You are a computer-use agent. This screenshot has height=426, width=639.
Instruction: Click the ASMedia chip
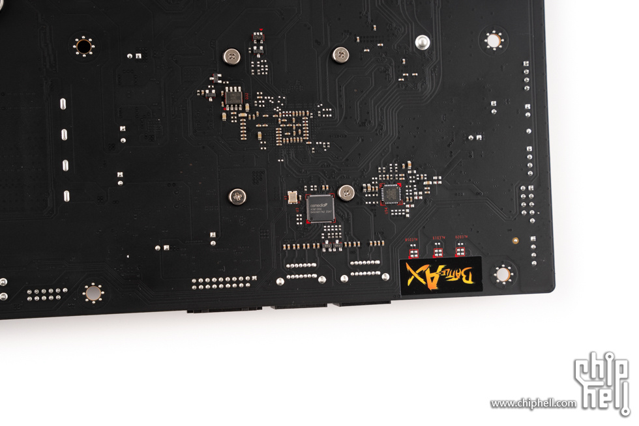point(320,208)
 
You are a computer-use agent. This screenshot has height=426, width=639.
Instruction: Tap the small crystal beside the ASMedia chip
point(292,195)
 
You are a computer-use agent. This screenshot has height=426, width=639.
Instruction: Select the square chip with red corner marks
point(391,193)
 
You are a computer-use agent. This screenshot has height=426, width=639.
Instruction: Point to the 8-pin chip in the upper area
point(233,98)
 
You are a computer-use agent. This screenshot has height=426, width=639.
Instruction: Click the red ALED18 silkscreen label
point(412,240)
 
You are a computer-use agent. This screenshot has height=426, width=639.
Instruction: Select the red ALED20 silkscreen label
point(461,238)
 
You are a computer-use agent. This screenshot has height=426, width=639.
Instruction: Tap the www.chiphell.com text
point(533,404)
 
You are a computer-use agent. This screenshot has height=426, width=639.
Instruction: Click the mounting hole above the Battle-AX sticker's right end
point(503,274)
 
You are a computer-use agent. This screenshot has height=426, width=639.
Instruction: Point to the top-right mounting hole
point(494,41)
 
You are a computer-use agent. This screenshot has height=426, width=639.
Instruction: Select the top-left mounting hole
point(83,46)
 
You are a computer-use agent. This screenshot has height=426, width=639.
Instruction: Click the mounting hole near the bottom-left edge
point(93,293)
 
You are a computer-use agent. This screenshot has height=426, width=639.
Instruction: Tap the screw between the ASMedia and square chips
point(346,192)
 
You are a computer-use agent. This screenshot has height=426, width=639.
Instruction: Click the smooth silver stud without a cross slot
point(423,42)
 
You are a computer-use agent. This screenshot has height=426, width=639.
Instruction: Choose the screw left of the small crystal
point(237,195)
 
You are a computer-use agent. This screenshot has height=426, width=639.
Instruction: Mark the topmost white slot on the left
point(64,104)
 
